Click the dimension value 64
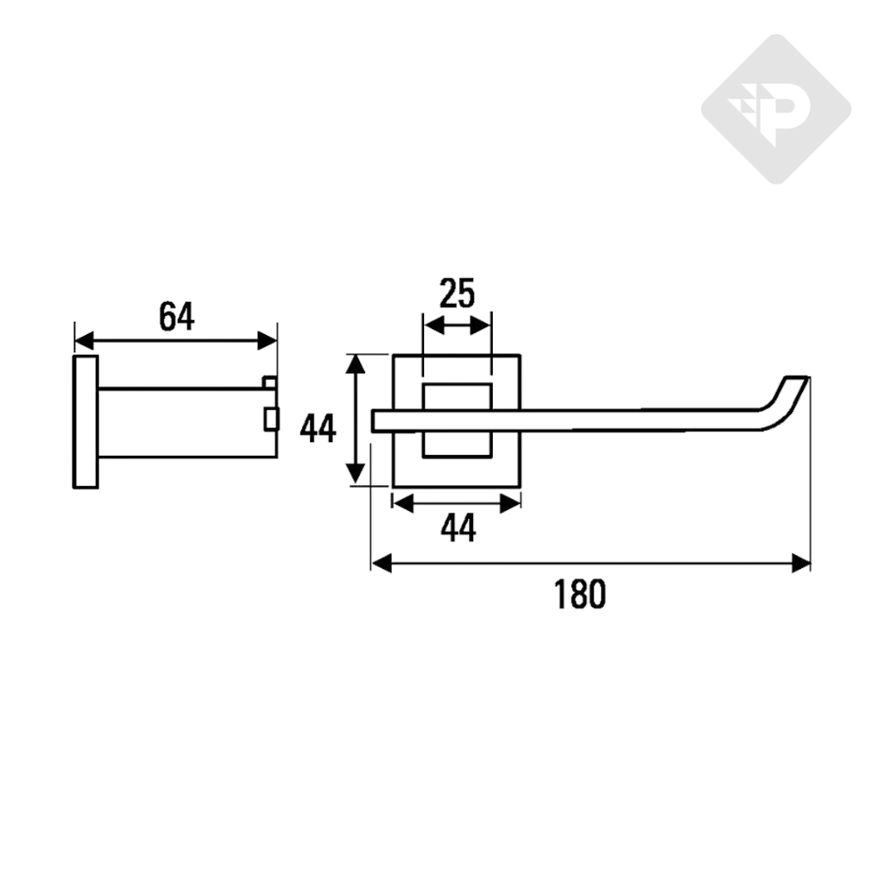(x=176, y=317)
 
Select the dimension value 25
(x=457, y=294)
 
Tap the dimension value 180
(x=580, y=594)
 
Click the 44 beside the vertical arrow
(x=318, y=427)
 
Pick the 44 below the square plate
(x=458, y=528)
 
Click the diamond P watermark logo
(x=775, y=109)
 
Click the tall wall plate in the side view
(x=85, y=421)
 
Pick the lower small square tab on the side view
(x=271, y=419)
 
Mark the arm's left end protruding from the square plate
(x=382, y=420)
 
